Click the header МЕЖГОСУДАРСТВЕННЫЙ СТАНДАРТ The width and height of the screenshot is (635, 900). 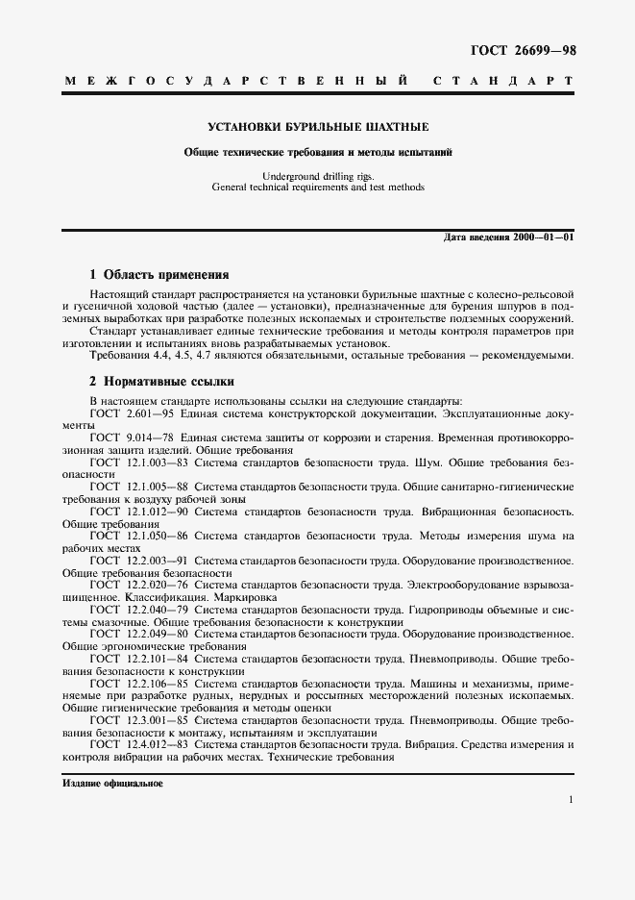pyautogui.click(x=318, y=83)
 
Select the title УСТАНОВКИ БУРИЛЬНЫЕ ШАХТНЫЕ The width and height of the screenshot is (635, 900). pyautogui.click(x=318, y=127)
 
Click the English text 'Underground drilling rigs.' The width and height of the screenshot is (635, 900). pyautogui.click(x=318, y=176)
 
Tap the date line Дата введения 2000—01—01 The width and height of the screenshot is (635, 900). pyautogui.click(x=509, y=237)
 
